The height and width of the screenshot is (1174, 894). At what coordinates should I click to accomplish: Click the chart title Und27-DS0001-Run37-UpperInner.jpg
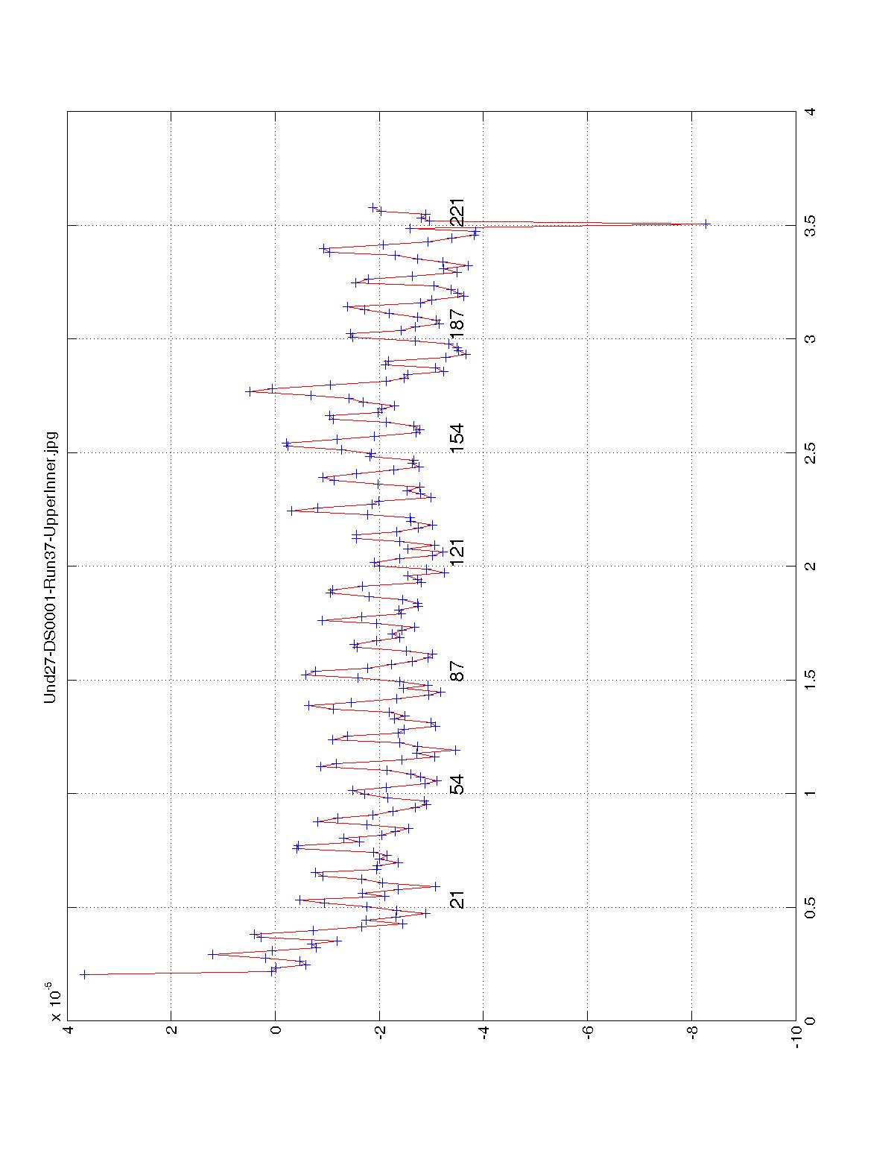pyautogui.click(x=51, y=567)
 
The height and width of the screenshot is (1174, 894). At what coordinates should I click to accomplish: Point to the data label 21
pyautogui.click(x=457, y=900)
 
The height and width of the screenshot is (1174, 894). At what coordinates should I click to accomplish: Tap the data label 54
pyautogui.click(x=457, y=785)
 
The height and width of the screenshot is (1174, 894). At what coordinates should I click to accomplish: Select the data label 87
pyautogui.click(x=457, y=671)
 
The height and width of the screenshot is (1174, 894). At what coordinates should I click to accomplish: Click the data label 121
pyautogui.click(x=457, y=552)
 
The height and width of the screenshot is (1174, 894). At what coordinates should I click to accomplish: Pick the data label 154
pyautogui.click(x=457, y=438)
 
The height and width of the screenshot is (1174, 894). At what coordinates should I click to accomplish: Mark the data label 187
pyautogui.click(x=457, y=321)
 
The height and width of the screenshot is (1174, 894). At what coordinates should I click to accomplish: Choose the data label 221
pyautogui.click(x=457, y=212)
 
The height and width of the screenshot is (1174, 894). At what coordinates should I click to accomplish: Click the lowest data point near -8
pyautogui.click(x=706, y=224)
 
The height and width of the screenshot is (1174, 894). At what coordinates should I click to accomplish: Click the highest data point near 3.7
pyautogui.click(x=83, y=974)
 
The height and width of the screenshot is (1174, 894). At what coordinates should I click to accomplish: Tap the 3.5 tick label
pyautogui.click(x=811, y=225)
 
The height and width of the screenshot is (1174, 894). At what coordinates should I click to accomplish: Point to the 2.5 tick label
pyautogui.click(x=811, y=452)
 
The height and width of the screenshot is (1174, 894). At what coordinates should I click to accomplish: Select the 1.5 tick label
pyautogui.click(x=811, y=680)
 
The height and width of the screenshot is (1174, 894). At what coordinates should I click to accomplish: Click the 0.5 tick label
pyautogui.click(x=811, y=907)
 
